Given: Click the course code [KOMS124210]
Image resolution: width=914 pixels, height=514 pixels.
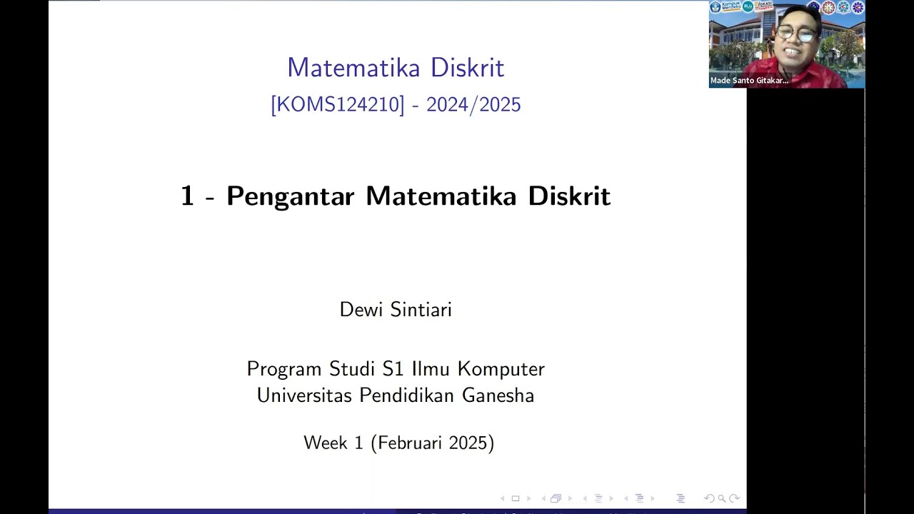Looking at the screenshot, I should pos(337,105).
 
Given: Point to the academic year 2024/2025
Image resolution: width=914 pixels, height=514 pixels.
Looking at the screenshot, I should pos(473,105).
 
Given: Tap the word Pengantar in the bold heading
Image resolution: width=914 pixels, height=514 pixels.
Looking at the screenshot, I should pos(290,196).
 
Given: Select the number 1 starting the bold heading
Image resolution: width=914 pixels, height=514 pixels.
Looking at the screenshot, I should pos(187,196).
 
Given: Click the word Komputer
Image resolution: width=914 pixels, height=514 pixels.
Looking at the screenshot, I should pos(501,369).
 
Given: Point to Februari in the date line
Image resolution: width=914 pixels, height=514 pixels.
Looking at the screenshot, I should pos(409,443).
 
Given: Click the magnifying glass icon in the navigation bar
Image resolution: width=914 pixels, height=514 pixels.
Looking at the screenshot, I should pos(721,498).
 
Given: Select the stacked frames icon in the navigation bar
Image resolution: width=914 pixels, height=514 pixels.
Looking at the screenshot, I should pos(556,498).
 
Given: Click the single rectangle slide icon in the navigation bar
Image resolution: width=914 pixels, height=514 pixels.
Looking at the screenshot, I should pos(515,498).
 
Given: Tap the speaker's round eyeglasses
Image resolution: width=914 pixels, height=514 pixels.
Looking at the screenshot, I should pos(795,34).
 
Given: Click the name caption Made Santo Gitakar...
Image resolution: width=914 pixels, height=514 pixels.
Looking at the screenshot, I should pos(749,81).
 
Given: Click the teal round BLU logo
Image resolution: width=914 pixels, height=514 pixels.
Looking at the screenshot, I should pos(748,6).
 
